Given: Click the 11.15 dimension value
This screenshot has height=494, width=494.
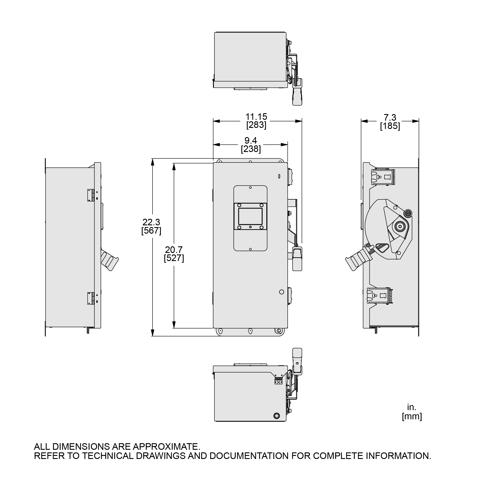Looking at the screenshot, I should coord(256,117).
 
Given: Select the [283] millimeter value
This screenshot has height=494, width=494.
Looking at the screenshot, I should coord(256,125).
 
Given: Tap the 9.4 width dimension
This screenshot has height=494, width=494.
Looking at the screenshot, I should coord(251,140).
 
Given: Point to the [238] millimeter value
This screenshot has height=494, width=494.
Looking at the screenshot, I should coord(251,149).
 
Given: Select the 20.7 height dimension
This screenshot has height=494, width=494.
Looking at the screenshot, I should coord(174,249).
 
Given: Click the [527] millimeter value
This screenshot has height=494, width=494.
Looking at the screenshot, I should coord(174,258).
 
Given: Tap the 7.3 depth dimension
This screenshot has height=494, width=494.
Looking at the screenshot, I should coord(390,117).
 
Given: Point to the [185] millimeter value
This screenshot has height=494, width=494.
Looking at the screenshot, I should coord(390,126).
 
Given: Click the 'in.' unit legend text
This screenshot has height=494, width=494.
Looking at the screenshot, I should coord(412,407).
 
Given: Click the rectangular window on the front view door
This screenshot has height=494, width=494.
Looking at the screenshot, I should coord(250,216).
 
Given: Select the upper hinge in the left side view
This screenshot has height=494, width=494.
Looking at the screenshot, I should coord(90,195).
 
